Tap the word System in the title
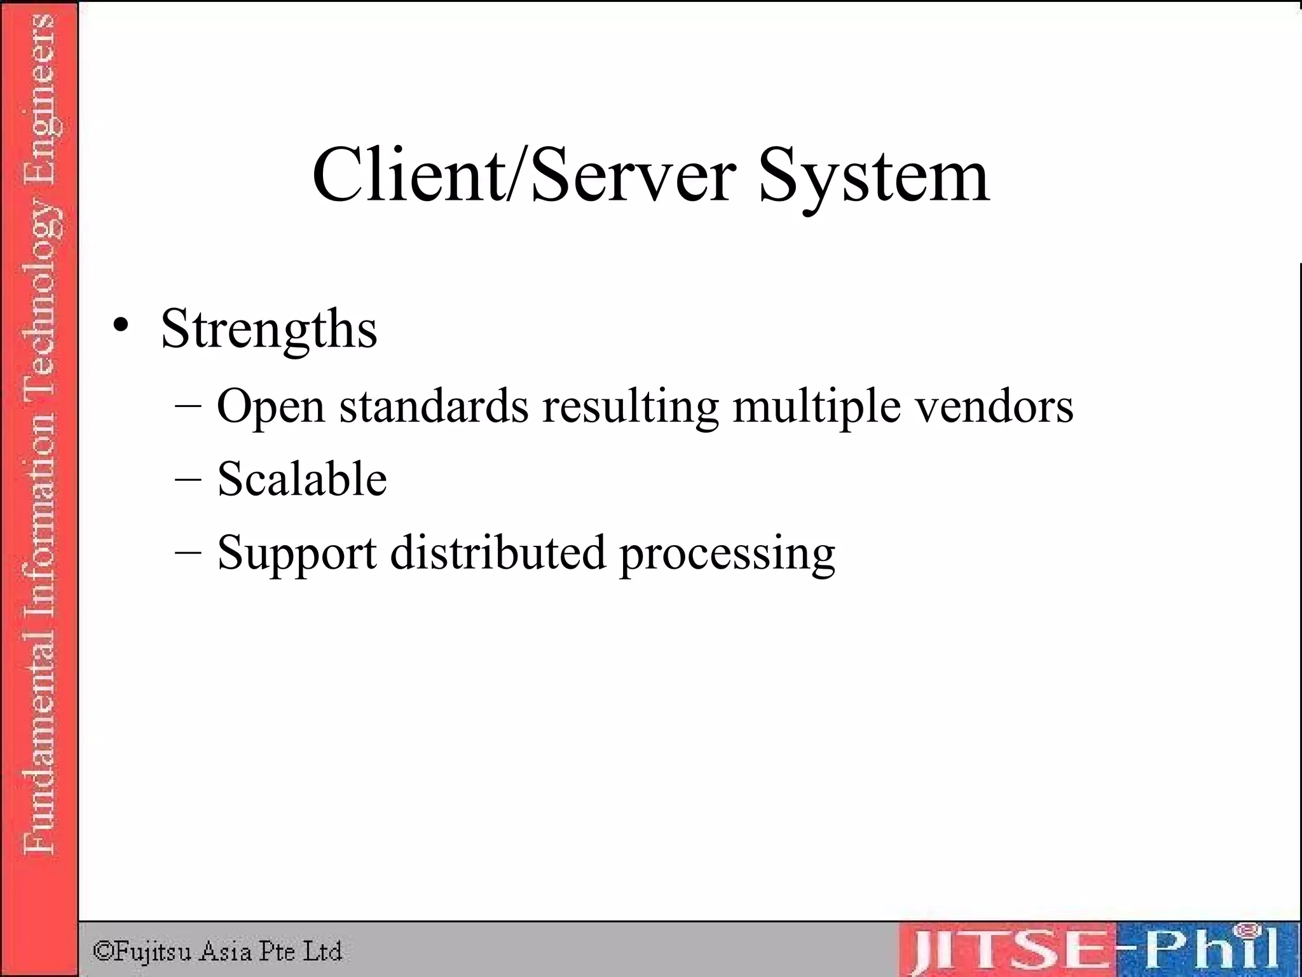tap(874, 177)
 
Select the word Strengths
tap(269, 330)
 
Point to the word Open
tap(271, 406)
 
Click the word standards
tap(434, 405)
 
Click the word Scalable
tap(302, 478)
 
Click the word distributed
tap(498, 551)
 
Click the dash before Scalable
tap(188, 478)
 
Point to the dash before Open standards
tap(188, 405)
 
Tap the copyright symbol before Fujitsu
tap(103, 951)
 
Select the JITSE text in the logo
tap(1011, 950)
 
